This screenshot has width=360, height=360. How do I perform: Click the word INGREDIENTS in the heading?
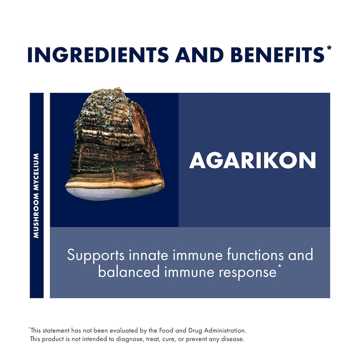point(98,55)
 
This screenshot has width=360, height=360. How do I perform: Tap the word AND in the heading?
point(199,55)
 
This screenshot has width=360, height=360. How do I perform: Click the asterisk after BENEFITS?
point(329,48)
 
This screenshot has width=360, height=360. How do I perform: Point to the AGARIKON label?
point(253,160)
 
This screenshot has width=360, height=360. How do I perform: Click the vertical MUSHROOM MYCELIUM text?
point(36,195)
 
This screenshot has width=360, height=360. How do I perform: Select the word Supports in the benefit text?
point(96,255)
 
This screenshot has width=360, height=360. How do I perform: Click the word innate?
point(148,255)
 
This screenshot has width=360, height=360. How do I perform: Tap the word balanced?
point(129,271)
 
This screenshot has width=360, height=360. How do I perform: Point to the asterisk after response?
point(279,266)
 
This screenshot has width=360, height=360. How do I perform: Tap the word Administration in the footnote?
point(225,330)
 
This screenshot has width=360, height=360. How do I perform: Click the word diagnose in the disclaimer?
point(129,339)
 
